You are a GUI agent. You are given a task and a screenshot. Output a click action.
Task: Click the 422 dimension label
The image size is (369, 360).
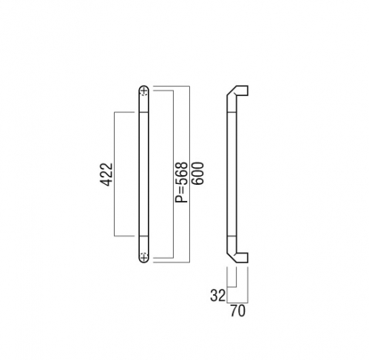(x=106, y=174)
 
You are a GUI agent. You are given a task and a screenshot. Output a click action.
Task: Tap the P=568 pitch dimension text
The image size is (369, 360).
(x=181, y=183)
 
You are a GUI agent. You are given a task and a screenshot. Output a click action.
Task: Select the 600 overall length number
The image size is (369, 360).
(x=197, y=173)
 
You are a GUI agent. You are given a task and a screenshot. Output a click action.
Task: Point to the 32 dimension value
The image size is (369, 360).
(x=217, y=296)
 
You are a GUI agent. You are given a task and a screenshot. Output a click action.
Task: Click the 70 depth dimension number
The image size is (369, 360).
(x=238, y=310)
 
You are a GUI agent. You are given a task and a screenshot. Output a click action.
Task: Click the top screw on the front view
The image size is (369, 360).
(x=144, y=92)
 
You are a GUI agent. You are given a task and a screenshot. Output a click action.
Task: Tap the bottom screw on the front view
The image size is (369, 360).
(x=144, y=257)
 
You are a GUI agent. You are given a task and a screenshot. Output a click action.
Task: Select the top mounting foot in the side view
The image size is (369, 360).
(x=243, y=90)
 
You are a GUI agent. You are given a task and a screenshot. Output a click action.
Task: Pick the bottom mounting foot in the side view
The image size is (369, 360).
(x=243, y=258)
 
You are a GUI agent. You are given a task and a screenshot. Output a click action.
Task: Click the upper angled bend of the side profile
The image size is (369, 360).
(x=232, y=91)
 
